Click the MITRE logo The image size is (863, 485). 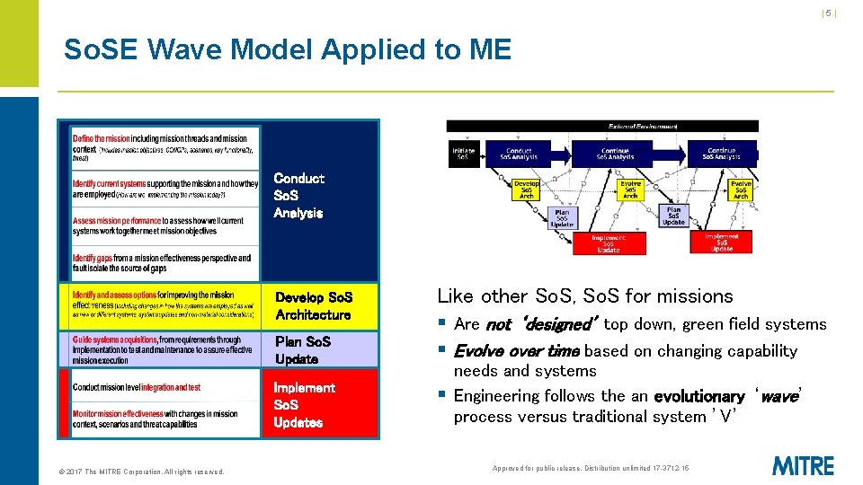pyautogui.click(x=803, y=466)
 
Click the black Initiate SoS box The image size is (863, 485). pyautogui.click(x=464, y=154)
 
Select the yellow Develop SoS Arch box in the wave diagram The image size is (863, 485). pyautogui.click(x=527, y=190)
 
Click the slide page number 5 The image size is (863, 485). pyautogui.click(x=829, y=13)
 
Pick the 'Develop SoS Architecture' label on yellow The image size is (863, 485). pyautogui.click(x=313, y=306)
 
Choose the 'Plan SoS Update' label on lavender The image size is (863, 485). pyautogui.click(x=303, y=350)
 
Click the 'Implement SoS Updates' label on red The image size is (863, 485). pyautogui.click(x=304, y=405)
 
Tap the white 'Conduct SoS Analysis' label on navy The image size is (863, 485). pyautogui.click(x=298, y=196)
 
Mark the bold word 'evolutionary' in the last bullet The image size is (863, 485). pyautogui.click(x=698, y=397)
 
